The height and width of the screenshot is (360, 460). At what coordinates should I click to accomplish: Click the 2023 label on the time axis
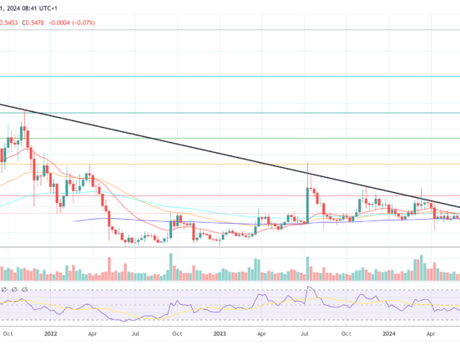click(219, 332)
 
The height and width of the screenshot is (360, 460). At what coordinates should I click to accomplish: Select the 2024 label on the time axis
click(389, 332)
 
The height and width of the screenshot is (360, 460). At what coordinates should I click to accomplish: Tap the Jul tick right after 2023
click(305, 332)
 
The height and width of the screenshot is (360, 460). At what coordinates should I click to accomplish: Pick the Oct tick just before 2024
click(347, 332)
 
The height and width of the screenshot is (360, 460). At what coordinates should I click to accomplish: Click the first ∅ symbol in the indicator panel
click(4, 289)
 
